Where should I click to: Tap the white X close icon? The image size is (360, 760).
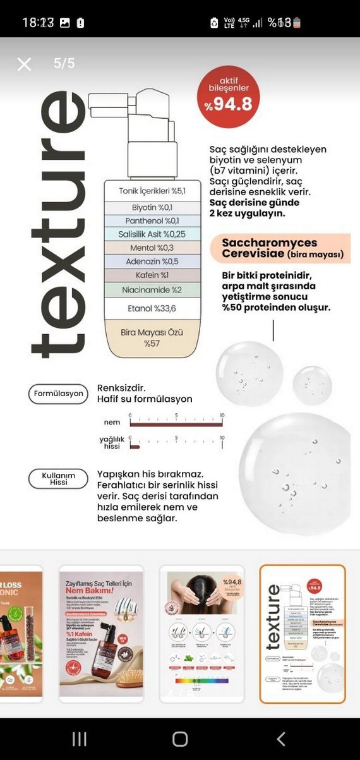point(24,64)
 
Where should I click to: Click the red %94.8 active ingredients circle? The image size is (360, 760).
point(227,97)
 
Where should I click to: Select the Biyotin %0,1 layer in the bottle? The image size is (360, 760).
point(152,207)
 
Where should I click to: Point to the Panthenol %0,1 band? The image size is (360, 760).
point(152,220)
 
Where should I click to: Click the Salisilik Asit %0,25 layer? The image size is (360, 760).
point(152,234)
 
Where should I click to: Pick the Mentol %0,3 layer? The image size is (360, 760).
point(152,248)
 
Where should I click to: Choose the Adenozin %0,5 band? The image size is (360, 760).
point(152,262)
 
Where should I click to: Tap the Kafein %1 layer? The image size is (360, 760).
point(152,275)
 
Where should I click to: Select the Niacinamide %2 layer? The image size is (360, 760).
point(152,289)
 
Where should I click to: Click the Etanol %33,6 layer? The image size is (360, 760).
point(152,308)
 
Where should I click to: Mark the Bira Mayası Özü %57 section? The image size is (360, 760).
point(152,337)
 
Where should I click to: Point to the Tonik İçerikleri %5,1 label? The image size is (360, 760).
point(152,191)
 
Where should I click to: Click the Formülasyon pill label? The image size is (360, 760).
point(58,394)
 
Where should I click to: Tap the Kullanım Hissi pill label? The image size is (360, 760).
point(58,478)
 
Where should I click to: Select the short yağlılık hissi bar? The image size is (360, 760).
point(135,447)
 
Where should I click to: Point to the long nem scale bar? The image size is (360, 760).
point(176,425)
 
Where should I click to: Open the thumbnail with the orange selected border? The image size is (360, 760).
point(303,634)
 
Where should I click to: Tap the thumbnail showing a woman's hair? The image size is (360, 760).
point(201,634)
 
